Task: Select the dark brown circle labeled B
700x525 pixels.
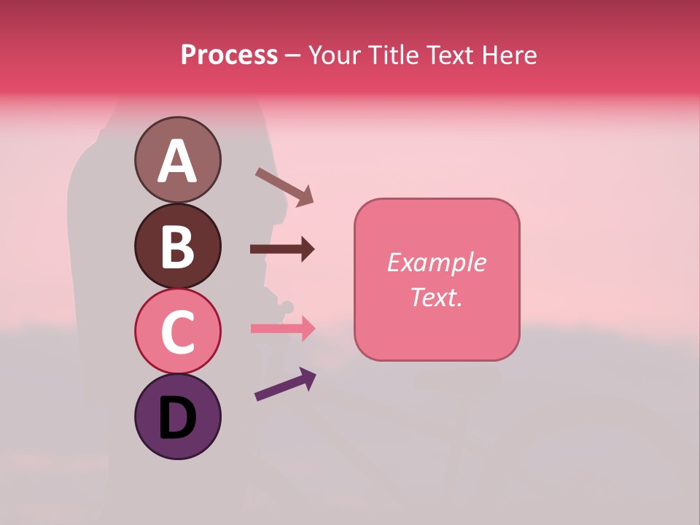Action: point(177,246)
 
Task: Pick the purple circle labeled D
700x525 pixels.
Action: point(177,416)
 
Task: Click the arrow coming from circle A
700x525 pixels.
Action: point(284,187)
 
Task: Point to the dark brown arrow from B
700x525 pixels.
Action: point(282,249)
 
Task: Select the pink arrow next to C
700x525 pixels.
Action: point(282,328)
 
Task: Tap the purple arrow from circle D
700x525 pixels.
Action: point(285,384)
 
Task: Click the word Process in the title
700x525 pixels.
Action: point(229,55)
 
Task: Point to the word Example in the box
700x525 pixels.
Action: point(436,262)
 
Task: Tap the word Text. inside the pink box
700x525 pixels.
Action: point(436,297)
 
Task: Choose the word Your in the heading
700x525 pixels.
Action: point(335,55)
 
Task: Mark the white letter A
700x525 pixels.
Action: point(177,162)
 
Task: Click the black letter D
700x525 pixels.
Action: point(177,419)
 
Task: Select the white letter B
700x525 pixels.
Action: point(177,247)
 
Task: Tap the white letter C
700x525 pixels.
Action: point(177,332)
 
